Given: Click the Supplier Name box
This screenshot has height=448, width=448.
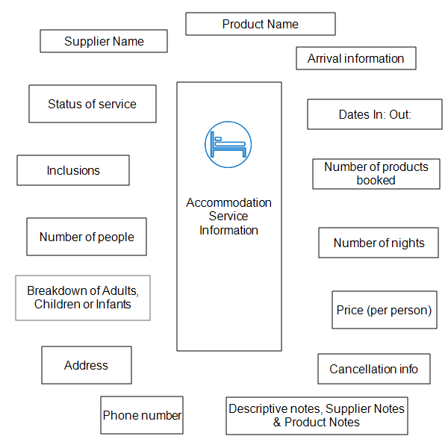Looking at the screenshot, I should pyautogui.click(x=104, y=41).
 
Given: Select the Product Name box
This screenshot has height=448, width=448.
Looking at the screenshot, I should pyautogui.click(x=260, y=24).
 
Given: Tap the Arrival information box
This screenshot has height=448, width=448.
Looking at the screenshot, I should pyautogui.click(x=355, y=58).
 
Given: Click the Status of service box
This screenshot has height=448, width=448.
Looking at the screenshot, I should pyautogui.click(x=92, y=104).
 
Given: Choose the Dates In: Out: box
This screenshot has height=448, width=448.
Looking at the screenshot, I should pyautogui.click(x=375, y=114).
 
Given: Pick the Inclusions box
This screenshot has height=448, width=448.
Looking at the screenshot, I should pyautogui.click(x=73, y=170).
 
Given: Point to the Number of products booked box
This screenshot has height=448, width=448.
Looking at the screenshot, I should pyautogui.click(x=376, y=173).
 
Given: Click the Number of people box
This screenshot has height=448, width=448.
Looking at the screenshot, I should pyautogui.click(x=87, y=237).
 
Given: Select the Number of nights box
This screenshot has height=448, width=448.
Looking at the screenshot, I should pyautogui.click(x=379, y=243).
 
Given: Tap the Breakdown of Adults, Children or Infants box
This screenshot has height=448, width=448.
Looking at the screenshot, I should pyautogui.click(x=82, y=297).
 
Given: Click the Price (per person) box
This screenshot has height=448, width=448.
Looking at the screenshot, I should pyautogui.click(x=384, y=310).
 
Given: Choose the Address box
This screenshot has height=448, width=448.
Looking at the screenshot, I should pyautogui.click(x=86, y=365).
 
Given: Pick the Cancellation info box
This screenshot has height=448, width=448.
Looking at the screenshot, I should pyautogui.click(x=373, y=369).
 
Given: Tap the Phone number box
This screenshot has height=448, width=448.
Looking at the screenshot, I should pyautogui.click(x=142, y=415).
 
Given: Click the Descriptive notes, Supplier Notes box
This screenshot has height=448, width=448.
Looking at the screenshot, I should pyautogui.click(x=317, y=415).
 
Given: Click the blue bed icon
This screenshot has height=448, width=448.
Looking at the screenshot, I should pyautogui.click(x=228, y=144).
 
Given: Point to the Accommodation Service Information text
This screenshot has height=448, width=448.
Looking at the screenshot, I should pyautogui.click(x=228, y=217).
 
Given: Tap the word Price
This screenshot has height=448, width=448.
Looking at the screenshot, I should pyautogui.click(x=349, y=310).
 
